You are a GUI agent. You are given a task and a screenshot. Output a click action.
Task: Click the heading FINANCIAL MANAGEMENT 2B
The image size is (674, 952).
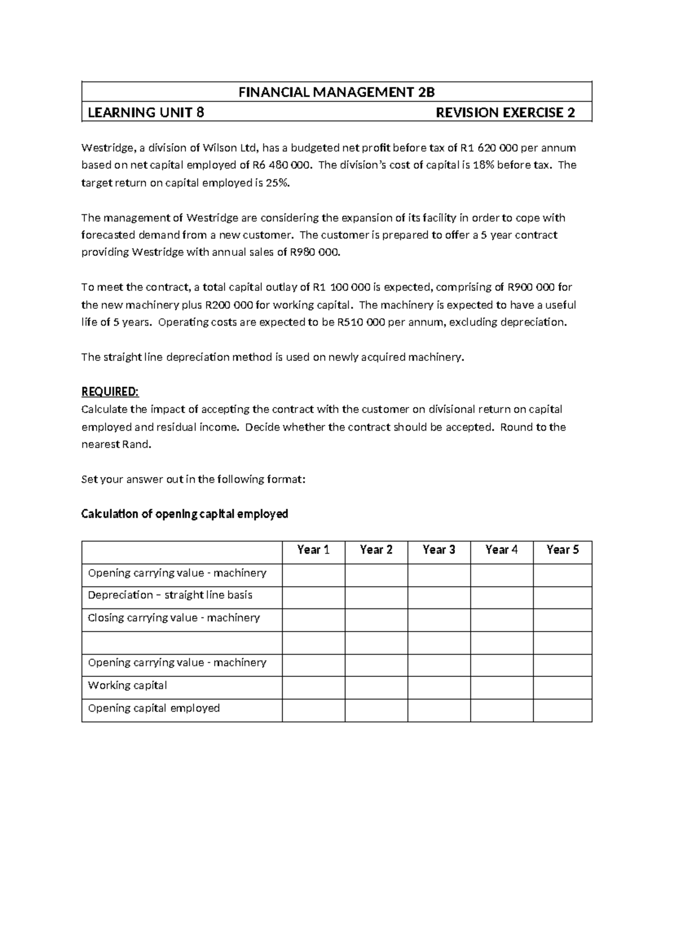[x=336, y=92]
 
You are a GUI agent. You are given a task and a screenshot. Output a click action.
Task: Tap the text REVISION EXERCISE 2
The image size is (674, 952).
[x=505, y=113]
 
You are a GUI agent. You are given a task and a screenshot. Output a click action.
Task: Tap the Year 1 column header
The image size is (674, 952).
[x=313, y=550]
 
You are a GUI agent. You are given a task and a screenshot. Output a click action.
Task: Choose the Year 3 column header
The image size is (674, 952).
[x=439, y=550]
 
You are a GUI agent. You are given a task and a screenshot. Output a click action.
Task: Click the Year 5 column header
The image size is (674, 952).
[x=562, y=550]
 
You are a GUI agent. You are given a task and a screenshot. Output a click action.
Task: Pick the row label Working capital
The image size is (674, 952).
[x=127, y=685]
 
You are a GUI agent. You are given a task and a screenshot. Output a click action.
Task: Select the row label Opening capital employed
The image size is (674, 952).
[x=154, y=708]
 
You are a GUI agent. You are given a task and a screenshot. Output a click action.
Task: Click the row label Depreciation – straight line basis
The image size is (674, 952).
[x=170, y=595]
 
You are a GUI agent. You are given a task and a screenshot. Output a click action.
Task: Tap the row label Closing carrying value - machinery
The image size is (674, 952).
[x=174, y=618]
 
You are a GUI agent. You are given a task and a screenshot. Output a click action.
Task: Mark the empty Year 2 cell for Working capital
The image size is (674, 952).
[x=376, y=687]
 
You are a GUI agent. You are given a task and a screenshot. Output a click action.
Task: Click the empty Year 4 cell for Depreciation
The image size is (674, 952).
[x=502, y=597]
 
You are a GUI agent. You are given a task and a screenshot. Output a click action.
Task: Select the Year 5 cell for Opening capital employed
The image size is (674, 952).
[x=562, y=710]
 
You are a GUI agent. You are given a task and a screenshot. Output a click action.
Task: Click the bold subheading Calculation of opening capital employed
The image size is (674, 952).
[x=185, y=514]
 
